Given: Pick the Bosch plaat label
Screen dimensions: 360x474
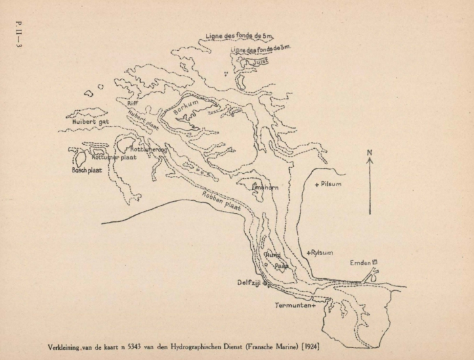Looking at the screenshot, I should [87, 170].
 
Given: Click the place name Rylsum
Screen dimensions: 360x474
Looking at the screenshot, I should [322, 252].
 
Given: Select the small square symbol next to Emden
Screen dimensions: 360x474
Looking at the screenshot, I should [374, 261].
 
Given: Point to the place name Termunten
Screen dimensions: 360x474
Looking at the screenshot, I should [295, 306].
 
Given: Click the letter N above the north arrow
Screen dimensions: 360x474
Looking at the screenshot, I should [370, 154].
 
